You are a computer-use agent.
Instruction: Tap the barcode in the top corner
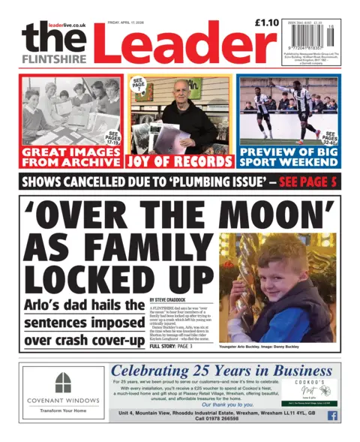tap(309, 41)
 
